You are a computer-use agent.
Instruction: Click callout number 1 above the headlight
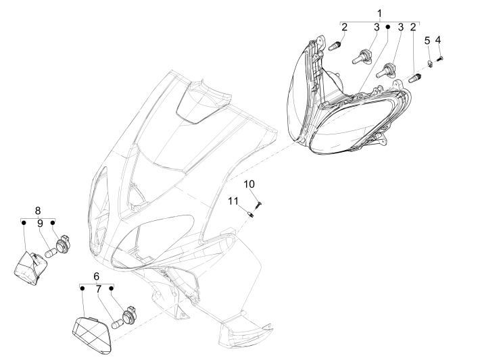pos(379,14)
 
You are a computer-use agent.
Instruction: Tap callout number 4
pos(437,40)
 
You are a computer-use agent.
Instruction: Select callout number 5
pos(427,41)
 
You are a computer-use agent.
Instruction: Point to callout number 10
pos(249,184)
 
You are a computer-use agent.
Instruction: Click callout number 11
pos(233,201)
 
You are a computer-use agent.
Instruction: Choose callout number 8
pos(38,211)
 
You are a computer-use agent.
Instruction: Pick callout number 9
pos(41,224)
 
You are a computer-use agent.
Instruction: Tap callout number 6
pos(96,276)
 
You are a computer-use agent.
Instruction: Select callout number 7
pos(98,289)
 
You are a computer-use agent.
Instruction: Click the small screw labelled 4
pos(440,58)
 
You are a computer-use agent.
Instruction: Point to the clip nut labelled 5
pos(430,64)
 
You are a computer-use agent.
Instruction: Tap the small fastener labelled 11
pos(252,214)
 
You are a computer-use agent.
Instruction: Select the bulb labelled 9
pos(51,253)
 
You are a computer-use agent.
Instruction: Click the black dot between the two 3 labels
pos(388,27)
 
